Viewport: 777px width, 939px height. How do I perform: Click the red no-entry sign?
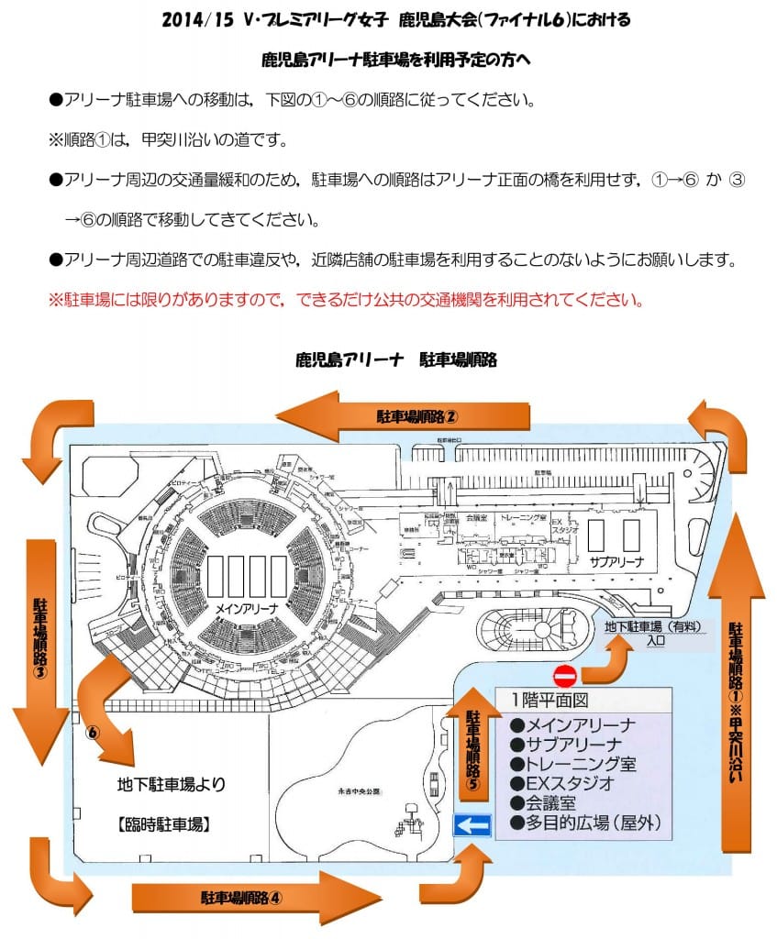tap(565, 677)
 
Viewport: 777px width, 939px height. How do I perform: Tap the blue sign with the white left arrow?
tap(473, 824)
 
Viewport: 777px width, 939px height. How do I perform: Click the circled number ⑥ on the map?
tap(92, 734)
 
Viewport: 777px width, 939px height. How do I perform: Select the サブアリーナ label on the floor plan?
tap(616, 562)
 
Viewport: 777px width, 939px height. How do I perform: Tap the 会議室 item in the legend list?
tap(545, 802)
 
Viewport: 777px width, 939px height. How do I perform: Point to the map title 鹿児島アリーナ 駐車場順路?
tap(395, 359)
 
